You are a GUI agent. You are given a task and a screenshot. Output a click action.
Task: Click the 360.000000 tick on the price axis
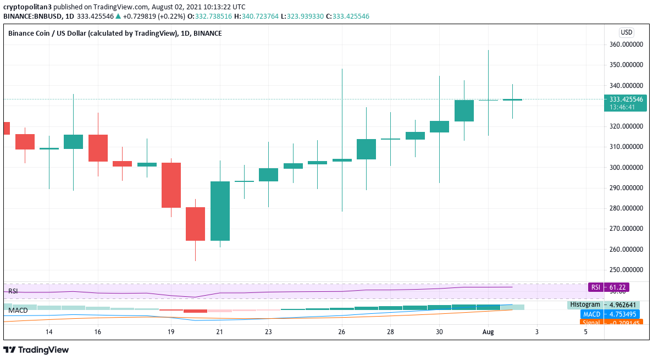click(x=626, y=45)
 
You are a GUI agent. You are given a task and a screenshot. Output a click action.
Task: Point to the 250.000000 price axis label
click(x=626, y=270)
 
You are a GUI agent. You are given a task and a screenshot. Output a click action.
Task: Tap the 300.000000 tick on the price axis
click(x=626, y=168)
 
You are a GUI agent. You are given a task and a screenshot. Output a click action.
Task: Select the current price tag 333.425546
click(x=626, y=99)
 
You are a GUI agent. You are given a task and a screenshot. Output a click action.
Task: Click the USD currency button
click(x=626, y=32)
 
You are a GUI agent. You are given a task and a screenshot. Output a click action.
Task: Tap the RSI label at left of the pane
click(x=13, y=291)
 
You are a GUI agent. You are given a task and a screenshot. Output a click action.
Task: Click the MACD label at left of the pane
click(x=18, y=311)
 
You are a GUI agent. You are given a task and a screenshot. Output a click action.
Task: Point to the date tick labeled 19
click(x=171, y=332)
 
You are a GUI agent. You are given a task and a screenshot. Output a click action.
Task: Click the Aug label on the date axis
click(x=488, y=332)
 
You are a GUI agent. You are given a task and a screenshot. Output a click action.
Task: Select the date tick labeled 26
click(x=342, y=332)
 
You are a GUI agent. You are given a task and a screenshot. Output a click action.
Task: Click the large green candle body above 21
click(x=220, y=211)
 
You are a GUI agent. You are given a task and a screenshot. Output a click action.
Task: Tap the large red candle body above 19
click(x=171, y=185)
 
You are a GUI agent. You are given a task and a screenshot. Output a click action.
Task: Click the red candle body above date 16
click(x=98, y=148)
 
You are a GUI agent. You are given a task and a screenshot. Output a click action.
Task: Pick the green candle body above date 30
click(x=439, y=126)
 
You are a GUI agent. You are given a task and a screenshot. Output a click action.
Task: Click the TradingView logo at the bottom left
click(x=36, y=350)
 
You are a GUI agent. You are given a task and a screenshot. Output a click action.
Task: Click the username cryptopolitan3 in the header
click(x=28, y=7)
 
